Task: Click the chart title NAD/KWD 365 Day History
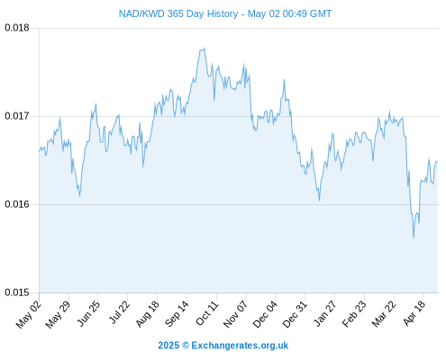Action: point(178,13)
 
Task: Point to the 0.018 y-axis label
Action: point(17,28)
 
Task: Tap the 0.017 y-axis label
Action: point(17,116)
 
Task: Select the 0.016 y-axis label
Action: point(17,204)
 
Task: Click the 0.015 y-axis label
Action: point(17,292)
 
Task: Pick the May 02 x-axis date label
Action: point(29,314)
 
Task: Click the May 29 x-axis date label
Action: point(59,314)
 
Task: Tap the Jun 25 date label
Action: point(89,313)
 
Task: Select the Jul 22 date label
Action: point(120,312)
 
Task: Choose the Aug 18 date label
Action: point(148,314)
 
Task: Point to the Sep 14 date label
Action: point(177,313)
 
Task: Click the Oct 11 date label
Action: point(207,312)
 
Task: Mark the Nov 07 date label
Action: point(236,314)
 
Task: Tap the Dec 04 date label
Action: point(265,314)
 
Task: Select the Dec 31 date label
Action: point(295,314)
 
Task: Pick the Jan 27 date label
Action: point(325,313)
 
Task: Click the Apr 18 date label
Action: point(414,313)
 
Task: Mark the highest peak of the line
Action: point(205,49)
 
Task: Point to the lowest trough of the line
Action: point(414,238)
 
